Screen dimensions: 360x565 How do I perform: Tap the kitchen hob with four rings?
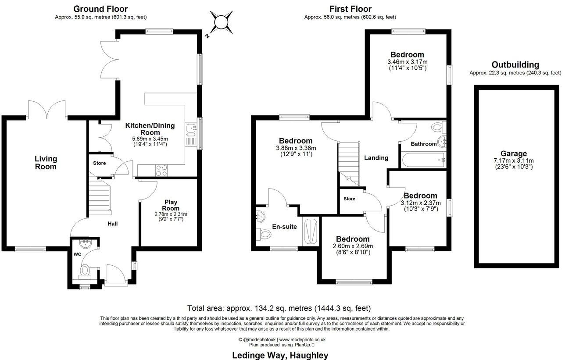(x=161, y=170)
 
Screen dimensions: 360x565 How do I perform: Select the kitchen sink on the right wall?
(x=191, y=128)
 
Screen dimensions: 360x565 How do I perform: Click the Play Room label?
(x=171, y=205)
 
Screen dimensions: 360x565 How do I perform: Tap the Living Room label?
(x=46, y=163)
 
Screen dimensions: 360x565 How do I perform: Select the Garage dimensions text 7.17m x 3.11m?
(x=514, y=160)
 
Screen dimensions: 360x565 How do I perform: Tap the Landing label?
(x=376, y=158)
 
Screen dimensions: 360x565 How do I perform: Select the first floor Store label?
(x=349, y=199)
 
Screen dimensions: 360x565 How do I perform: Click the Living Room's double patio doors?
(x=46, y=110)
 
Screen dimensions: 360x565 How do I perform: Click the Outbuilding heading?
(x=515, y=65)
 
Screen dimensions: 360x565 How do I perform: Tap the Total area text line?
(x=282, y=308)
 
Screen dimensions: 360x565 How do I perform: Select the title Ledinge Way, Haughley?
(x=280, y=355)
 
